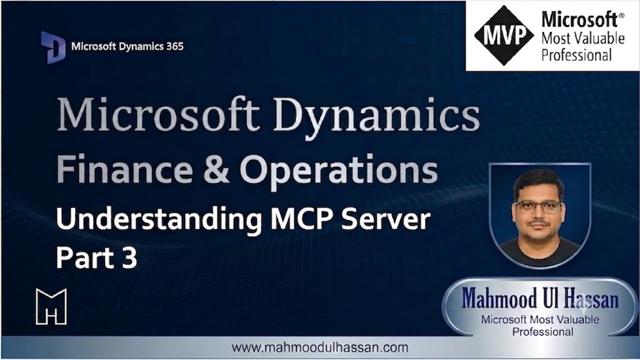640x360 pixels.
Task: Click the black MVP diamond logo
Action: [504, 36]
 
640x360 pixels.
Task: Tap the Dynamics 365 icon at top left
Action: [53, 47]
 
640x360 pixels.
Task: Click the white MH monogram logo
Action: [51, 306]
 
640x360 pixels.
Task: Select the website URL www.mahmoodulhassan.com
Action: [320, 347]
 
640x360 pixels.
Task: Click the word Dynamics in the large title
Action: [376, 115]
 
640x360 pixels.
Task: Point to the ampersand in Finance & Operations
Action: [216, 169]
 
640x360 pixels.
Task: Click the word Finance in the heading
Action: [124, 169]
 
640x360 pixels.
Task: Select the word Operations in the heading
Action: [339, 169]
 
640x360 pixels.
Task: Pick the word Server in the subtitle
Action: [386, 219]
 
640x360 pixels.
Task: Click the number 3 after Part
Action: [129, 258]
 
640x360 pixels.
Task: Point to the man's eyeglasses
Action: [539, 207]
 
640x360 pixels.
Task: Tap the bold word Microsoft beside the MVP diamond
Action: [579, 19]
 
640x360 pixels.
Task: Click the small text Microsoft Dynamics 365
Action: [127, 46]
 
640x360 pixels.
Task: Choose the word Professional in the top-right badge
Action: [577, 55]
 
